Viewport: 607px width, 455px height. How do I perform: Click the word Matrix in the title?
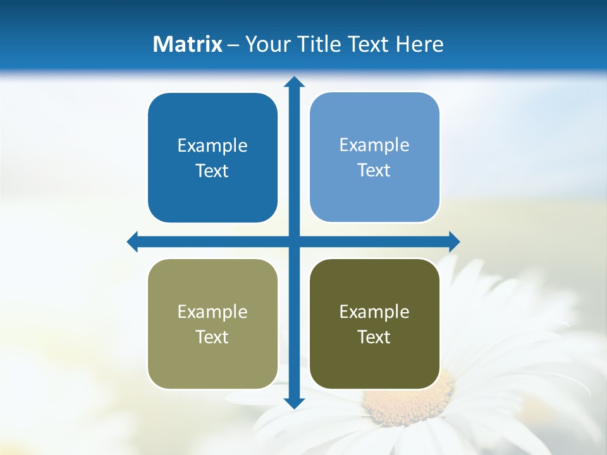point(187,44)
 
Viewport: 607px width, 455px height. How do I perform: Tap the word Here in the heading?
point(420,44)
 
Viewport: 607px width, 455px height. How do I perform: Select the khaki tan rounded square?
point(212,360)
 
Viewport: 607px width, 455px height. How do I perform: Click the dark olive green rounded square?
point(374,363)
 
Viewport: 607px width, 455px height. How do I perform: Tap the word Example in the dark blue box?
point(212,146)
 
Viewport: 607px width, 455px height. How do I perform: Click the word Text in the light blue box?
point(374,170)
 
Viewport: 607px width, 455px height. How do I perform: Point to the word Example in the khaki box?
point(212,312)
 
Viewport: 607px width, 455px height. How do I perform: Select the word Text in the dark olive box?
point(374,337)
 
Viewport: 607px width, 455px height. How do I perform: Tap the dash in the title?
point(233,45)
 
